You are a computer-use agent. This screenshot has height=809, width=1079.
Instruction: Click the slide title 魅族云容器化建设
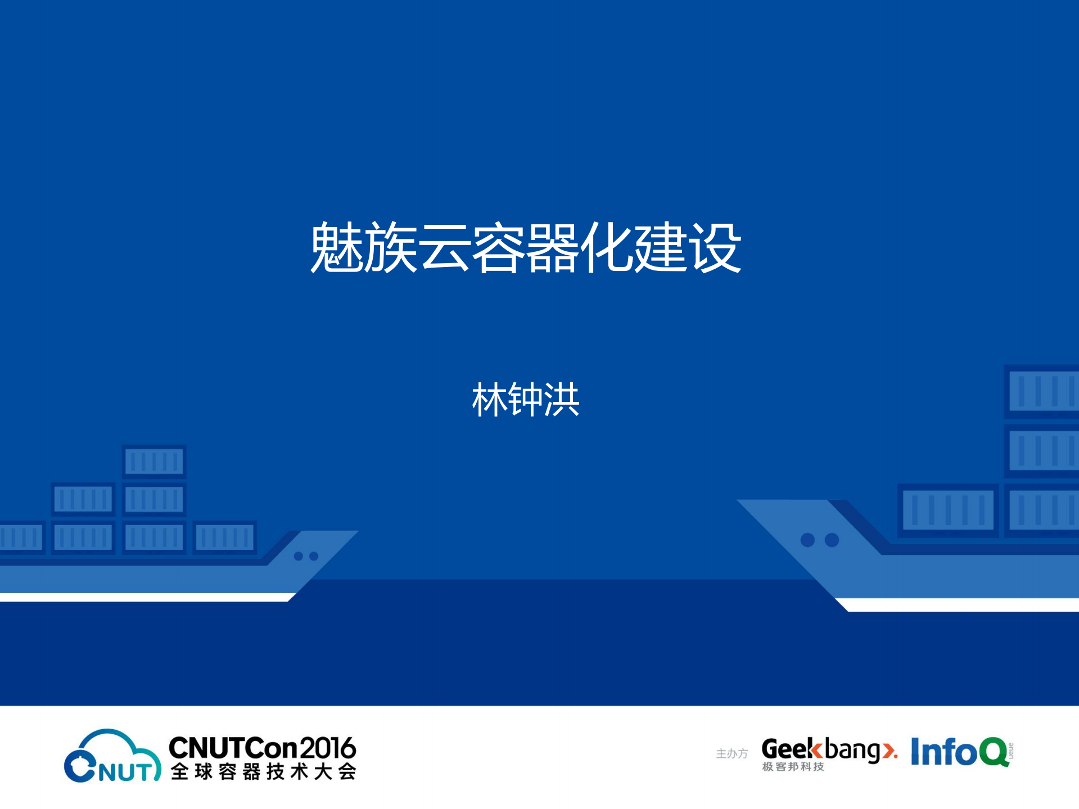click(525, 247)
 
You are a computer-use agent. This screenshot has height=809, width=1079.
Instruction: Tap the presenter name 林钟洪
click(525, 400)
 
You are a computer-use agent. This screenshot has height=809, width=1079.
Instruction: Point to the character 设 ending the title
click(715, 247)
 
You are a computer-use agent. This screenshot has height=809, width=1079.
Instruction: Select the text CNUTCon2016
click(262, 748)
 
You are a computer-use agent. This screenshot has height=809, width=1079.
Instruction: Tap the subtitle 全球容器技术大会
click(263, 772)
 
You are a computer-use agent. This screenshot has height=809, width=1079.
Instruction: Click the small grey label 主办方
click(732, 753)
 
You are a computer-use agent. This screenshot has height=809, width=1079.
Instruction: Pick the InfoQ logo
click(960, 752)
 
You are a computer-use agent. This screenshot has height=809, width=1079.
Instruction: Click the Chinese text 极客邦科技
click(793, 767)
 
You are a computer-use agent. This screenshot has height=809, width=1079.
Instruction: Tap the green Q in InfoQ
click(994, 752)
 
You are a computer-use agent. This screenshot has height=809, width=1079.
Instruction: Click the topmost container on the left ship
click(154, 462)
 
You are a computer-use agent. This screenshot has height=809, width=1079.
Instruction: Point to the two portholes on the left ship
click(306, 556)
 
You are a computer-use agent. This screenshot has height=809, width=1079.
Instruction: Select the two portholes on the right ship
click(819, 540)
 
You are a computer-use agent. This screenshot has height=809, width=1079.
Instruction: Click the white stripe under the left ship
click(146, 597)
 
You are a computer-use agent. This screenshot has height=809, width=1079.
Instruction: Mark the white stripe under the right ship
click(961, 605)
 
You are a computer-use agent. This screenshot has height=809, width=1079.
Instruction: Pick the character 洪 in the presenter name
click(561, 400)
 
